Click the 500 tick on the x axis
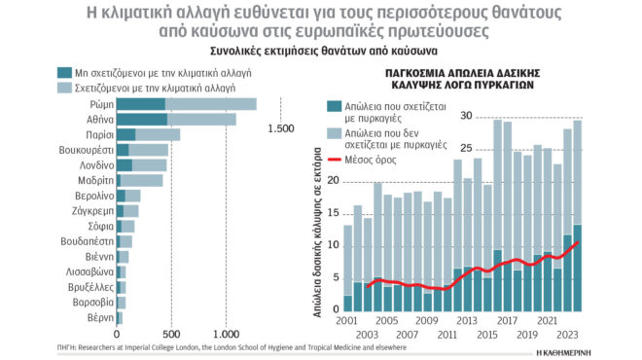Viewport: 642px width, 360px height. point(171,334)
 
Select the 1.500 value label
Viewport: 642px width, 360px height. point(282,127)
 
